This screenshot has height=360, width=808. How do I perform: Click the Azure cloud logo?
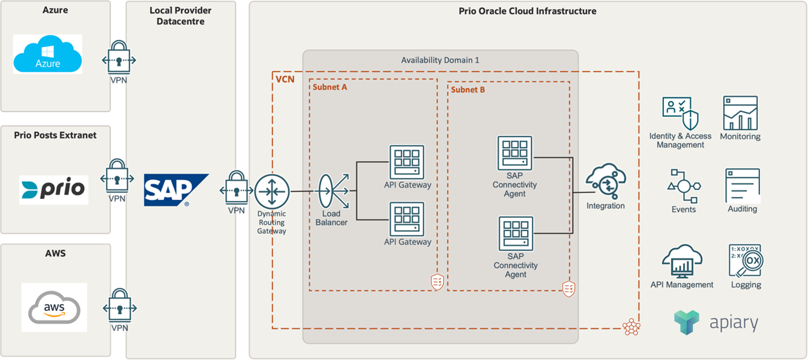pos(47,54)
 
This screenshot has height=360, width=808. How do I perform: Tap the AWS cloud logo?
pos(54,307)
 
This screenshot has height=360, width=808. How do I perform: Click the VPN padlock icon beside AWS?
pos(119,308)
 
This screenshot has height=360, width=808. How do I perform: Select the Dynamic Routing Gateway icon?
pos(272,192)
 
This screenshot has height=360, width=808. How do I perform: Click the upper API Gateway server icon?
pos(407,162)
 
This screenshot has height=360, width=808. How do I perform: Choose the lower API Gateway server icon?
pos(407,219)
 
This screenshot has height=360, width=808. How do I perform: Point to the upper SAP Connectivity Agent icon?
pos(515,153)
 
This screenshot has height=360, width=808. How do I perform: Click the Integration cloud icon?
pos(605,181)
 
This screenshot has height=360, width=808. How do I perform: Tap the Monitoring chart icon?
pos(740,113)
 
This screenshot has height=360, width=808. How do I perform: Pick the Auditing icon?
pos(742,186)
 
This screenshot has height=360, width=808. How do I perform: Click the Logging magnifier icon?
pos(745,261)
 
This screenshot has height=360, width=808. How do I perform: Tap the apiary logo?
pos(715,322)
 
